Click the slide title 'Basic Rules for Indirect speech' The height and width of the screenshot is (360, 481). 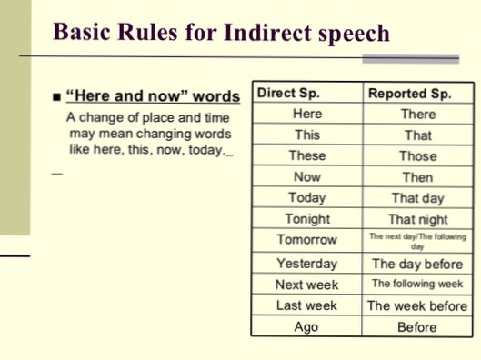(222, 33)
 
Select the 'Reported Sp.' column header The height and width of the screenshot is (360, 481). (408, 93)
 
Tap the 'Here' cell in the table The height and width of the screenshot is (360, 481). (306, 114)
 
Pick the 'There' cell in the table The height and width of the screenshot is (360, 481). (417, 114)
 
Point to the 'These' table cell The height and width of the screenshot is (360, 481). (306, 155)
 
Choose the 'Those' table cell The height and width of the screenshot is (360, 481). (417, 155)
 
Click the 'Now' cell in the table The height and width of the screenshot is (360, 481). (306, 177)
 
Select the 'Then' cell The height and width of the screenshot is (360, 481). (417, 177)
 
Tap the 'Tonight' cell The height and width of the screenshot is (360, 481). (306, 219)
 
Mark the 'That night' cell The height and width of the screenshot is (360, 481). (417, 219)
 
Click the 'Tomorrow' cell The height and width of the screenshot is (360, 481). (306, 240)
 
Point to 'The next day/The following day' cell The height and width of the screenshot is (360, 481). (417, 240)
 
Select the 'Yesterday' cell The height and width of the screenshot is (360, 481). (306, 263)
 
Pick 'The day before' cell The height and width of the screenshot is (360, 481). (417, 264)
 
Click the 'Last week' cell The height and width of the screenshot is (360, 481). (306, 305)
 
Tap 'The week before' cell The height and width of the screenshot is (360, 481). (417, 305)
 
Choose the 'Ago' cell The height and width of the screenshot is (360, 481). (306, 327)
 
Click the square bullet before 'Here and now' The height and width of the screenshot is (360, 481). (56, 96)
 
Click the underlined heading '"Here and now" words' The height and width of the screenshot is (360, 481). (153, 95)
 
